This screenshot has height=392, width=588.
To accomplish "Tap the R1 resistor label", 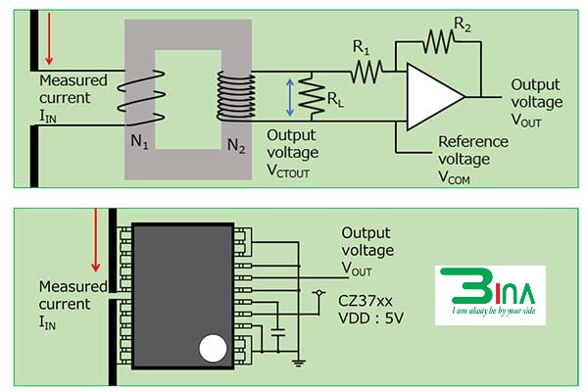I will click(x=362, y=48).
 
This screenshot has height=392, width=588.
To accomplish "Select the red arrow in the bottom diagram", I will click(x=96, y=246).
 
